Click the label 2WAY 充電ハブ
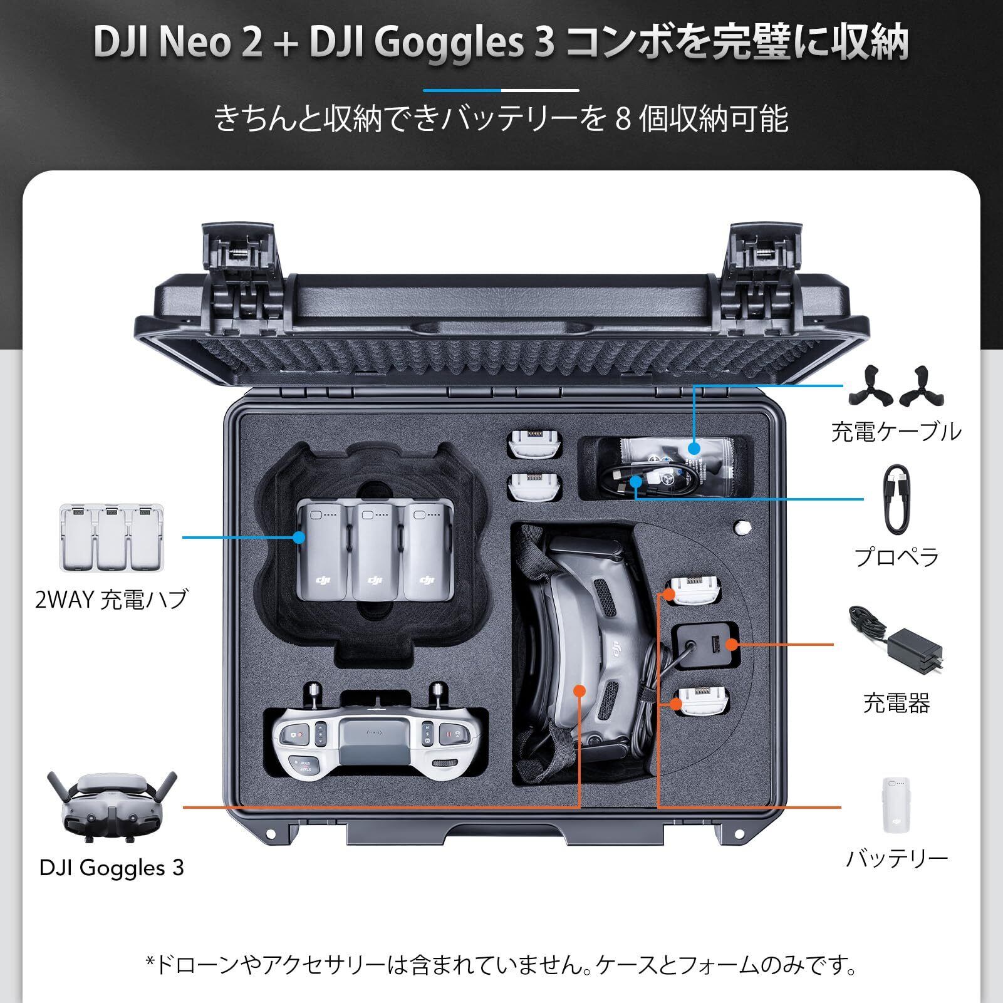pyautogui.click(x=112, y=600)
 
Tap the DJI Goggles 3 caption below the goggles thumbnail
pyautogui.click(x=112, y=868)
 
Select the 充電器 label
pyautogui.click(x=896, y=703)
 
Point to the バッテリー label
pyautogui.click(x=896, y=858)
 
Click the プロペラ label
pyautogui.click(x=897, y=556)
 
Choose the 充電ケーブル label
pyautogui.click(x=896, y=432)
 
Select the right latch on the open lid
pyautogui.click(x=763, y=263)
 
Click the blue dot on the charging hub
pyautogui.click(x=299, y=537)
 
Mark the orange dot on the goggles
pyautogui.click(x=579, y=690)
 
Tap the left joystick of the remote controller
pyautogui.click(x=314, y=694)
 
